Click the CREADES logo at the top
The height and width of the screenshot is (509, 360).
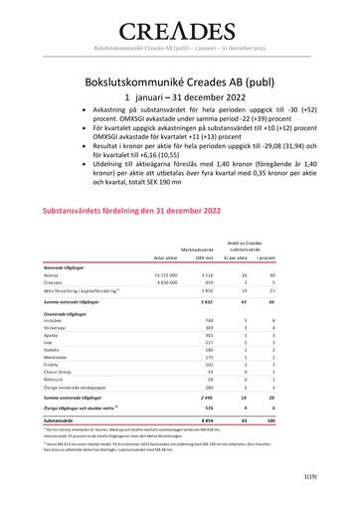180,31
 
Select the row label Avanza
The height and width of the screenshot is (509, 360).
53,274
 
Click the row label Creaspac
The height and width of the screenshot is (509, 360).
55,283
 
